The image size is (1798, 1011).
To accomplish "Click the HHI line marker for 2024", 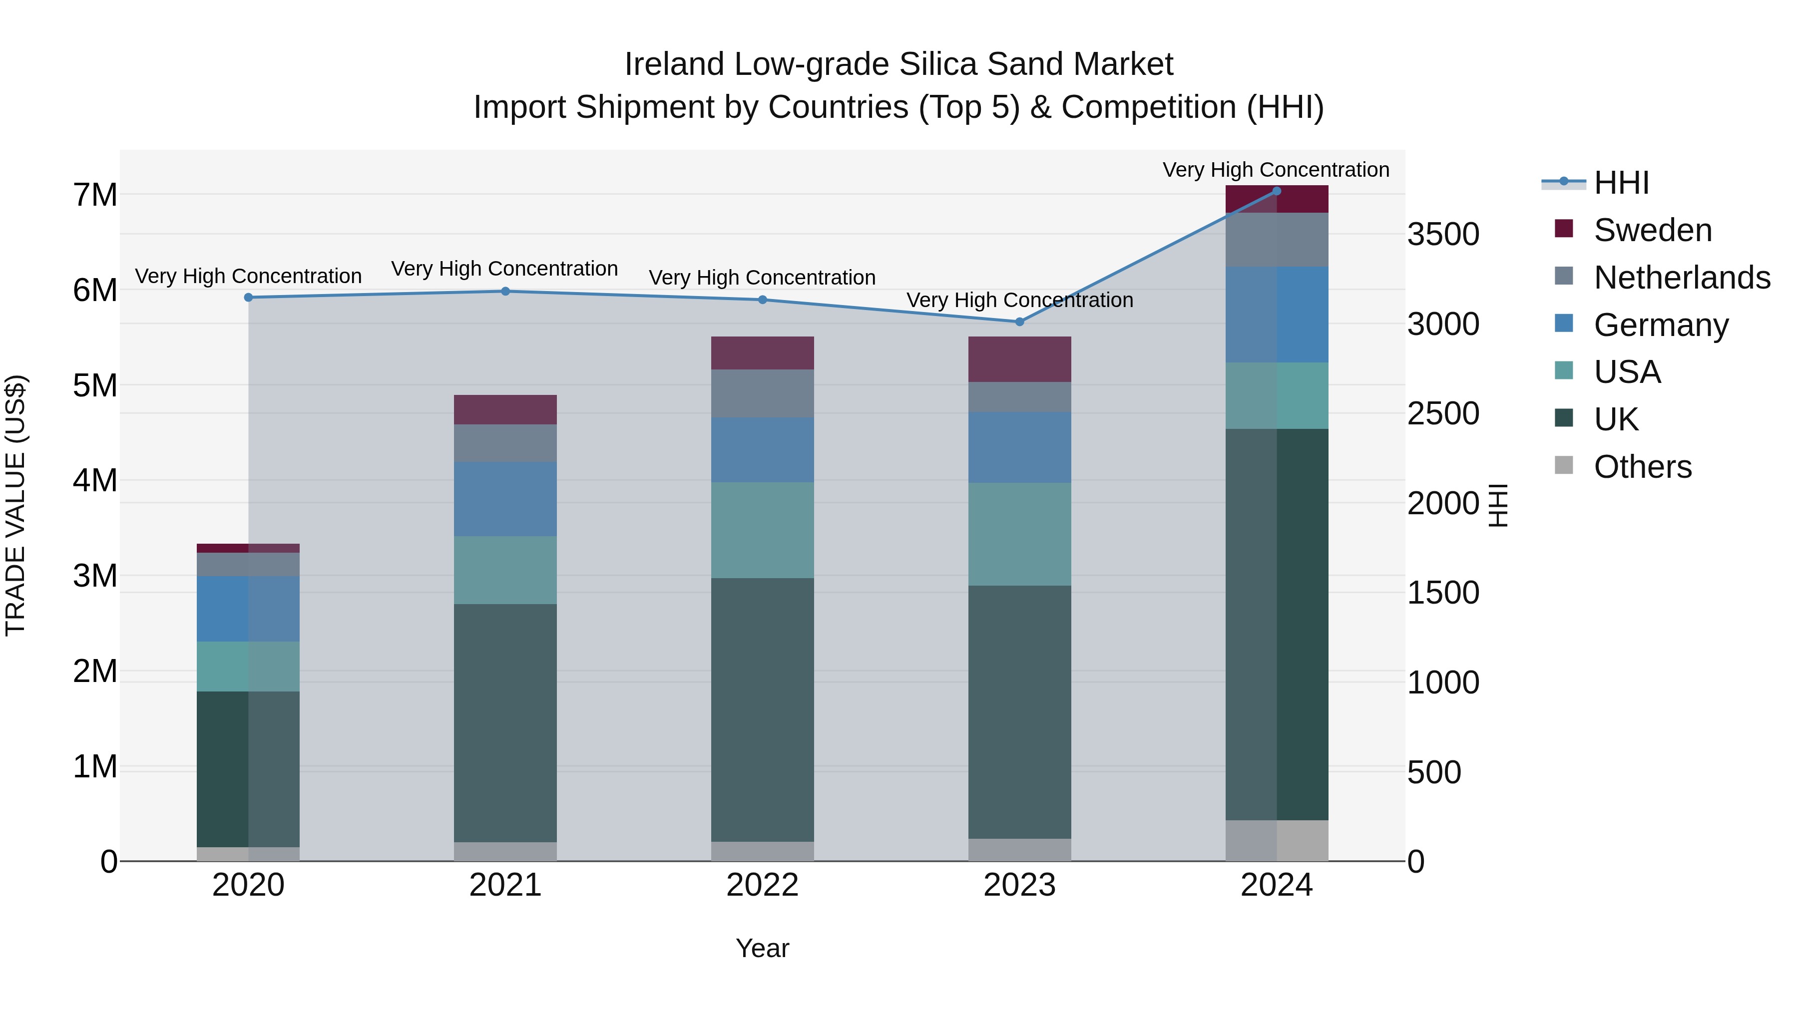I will coord(1277,191).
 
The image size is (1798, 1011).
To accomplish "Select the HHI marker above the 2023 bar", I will coord(1019,322).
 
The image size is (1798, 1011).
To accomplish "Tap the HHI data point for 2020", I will coord(249,297).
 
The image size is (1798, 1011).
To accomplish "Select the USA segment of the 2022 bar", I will coord(762,530).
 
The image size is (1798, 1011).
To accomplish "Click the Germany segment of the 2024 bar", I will coord(1277,314).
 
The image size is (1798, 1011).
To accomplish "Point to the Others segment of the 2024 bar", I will coord(1277,840).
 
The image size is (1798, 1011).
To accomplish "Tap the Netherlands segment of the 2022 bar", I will coord(762,393).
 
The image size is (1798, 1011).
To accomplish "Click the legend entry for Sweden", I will coord(1652,230).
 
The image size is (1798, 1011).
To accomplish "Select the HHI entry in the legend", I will coord(1621,183).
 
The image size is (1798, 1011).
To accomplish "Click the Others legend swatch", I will coord(1564,465).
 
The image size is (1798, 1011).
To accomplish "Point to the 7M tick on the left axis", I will coord(95,195).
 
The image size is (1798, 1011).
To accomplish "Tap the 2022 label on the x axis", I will coord(762,885).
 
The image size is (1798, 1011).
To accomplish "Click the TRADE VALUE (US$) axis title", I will coord(15,505).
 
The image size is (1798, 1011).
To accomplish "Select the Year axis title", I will coord(762,948).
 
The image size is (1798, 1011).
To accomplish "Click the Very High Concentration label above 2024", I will coord(1275,170).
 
